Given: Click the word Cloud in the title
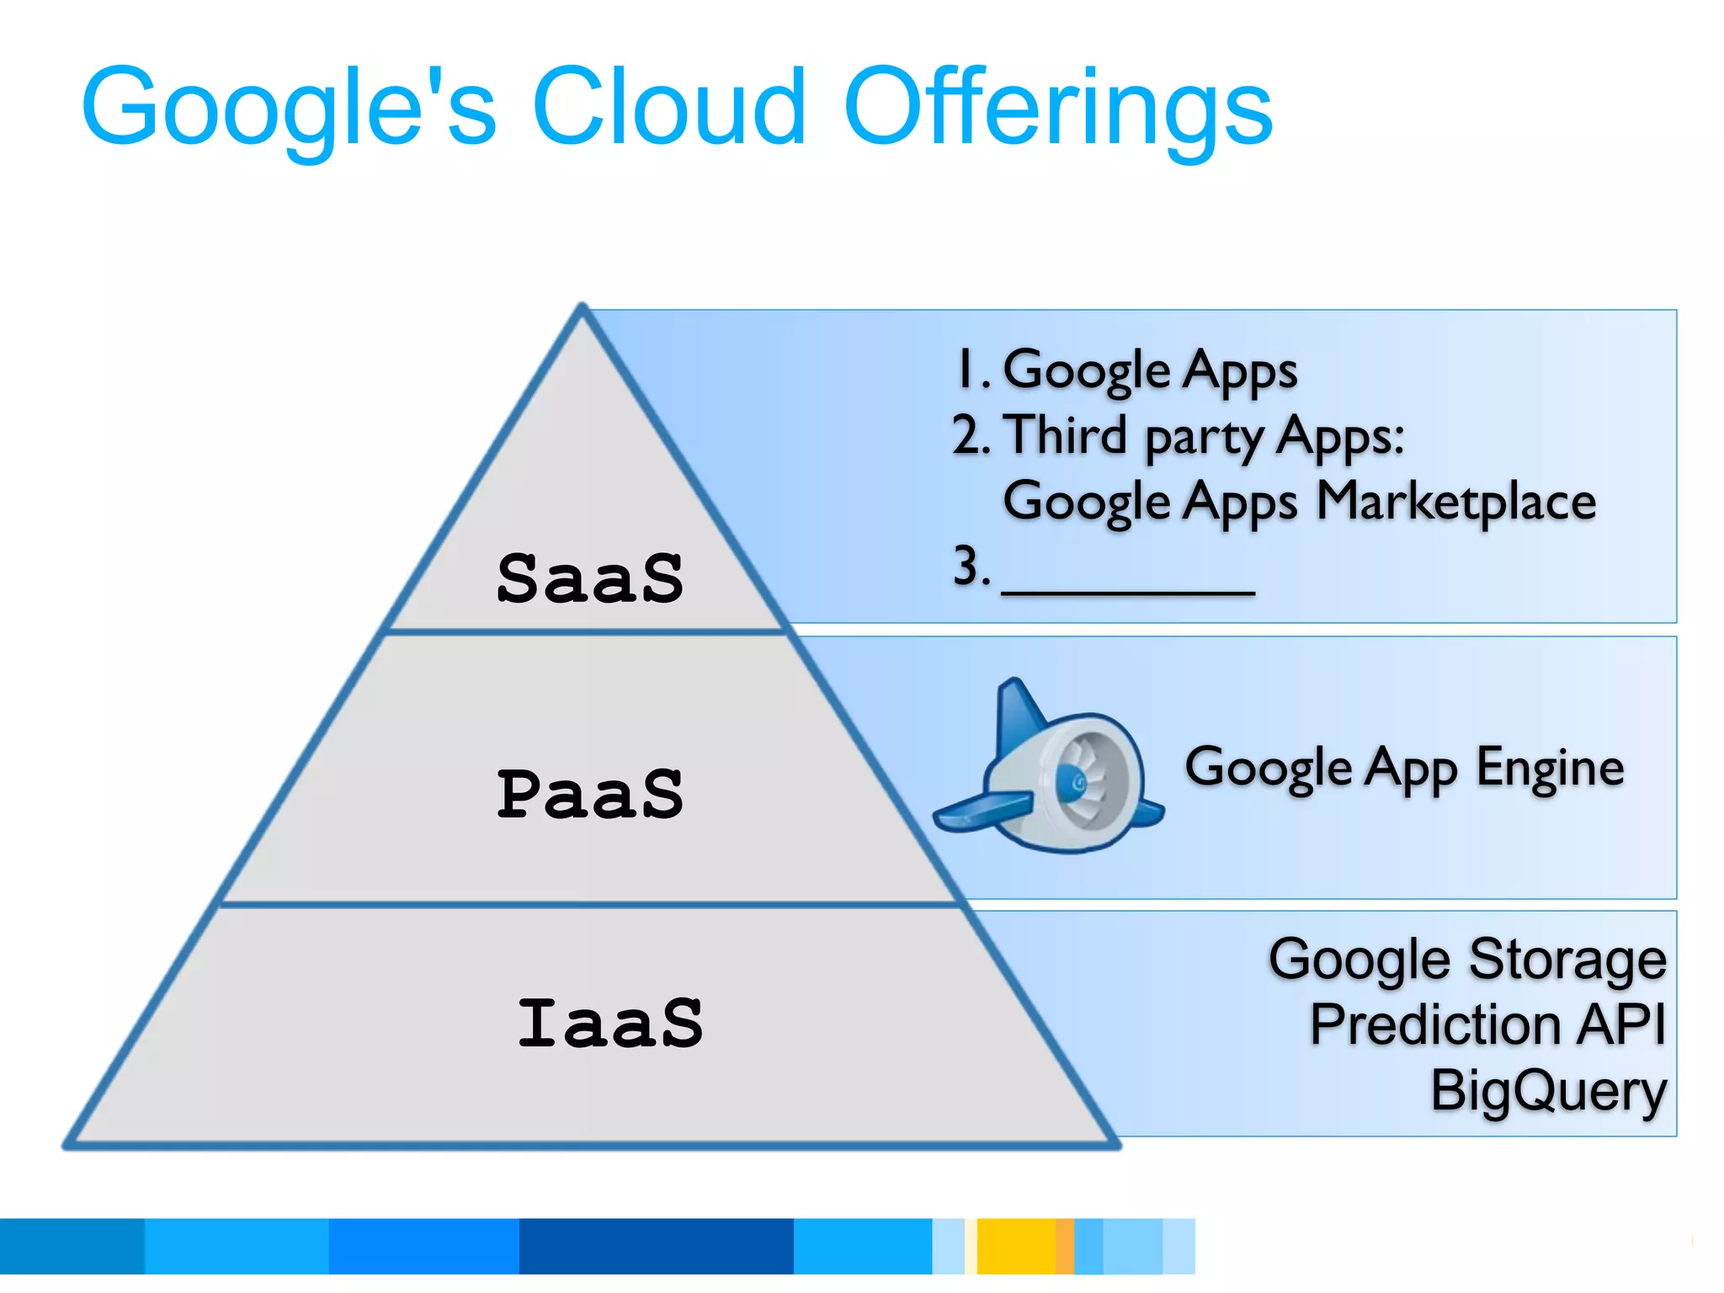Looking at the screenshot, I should coord(669,107).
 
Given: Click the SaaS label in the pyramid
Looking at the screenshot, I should coord(590,579).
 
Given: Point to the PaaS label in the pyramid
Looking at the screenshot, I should coord(590,795).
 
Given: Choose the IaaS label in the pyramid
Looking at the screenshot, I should coord(610,1024).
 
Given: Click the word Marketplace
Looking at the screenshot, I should coord(1455,502).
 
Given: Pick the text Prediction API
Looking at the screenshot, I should coord(1487,1024).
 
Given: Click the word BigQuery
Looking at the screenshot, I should coord(1548,1090).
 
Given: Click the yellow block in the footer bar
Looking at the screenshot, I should coord(1015,1246).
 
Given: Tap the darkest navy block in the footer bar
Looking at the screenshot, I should coord(656,1246).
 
